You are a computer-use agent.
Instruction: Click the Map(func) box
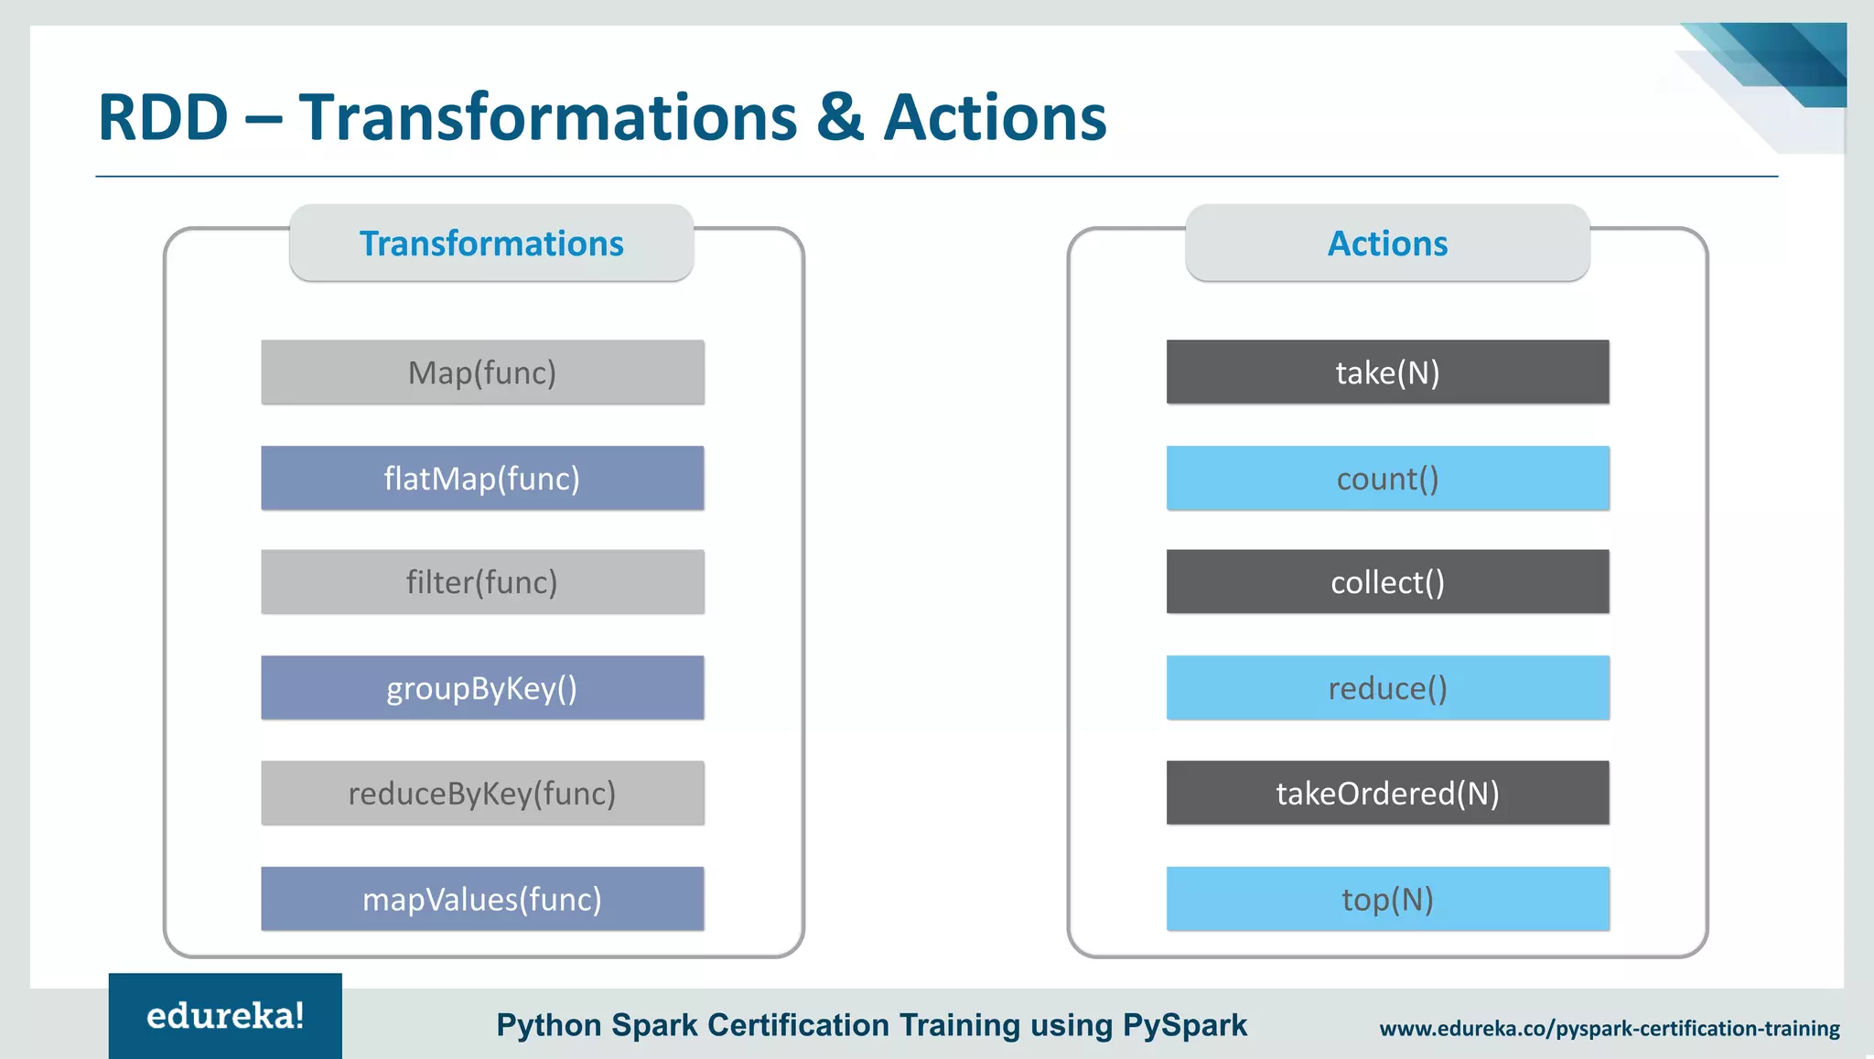point(482,373)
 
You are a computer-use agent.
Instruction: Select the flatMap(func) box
point(482,478)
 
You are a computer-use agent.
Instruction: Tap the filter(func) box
point(482,582)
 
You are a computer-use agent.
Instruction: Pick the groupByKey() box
point(482,687)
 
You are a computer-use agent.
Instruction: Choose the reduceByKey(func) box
point(482,793)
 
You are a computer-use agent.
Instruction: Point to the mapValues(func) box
point(482,899)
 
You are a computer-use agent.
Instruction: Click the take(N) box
point(1387,373)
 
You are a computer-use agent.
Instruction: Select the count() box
point(1387,478)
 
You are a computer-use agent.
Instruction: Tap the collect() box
point(1387,582)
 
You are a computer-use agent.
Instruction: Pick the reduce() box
point(1387,687)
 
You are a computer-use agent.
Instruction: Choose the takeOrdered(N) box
point(1387,793)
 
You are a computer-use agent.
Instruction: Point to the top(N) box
point(1387,899)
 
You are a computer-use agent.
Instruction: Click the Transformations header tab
point(491,243)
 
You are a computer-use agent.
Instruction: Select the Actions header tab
point(1387,243)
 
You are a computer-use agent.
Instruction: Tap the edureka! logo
point(225,1016)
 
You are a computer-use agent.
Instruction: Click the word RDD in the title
point(163,118)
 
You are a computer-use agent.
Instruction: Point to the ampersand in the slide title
point(840,118)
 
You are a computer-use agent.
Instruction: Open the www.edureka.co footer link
point(1610,1029)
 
